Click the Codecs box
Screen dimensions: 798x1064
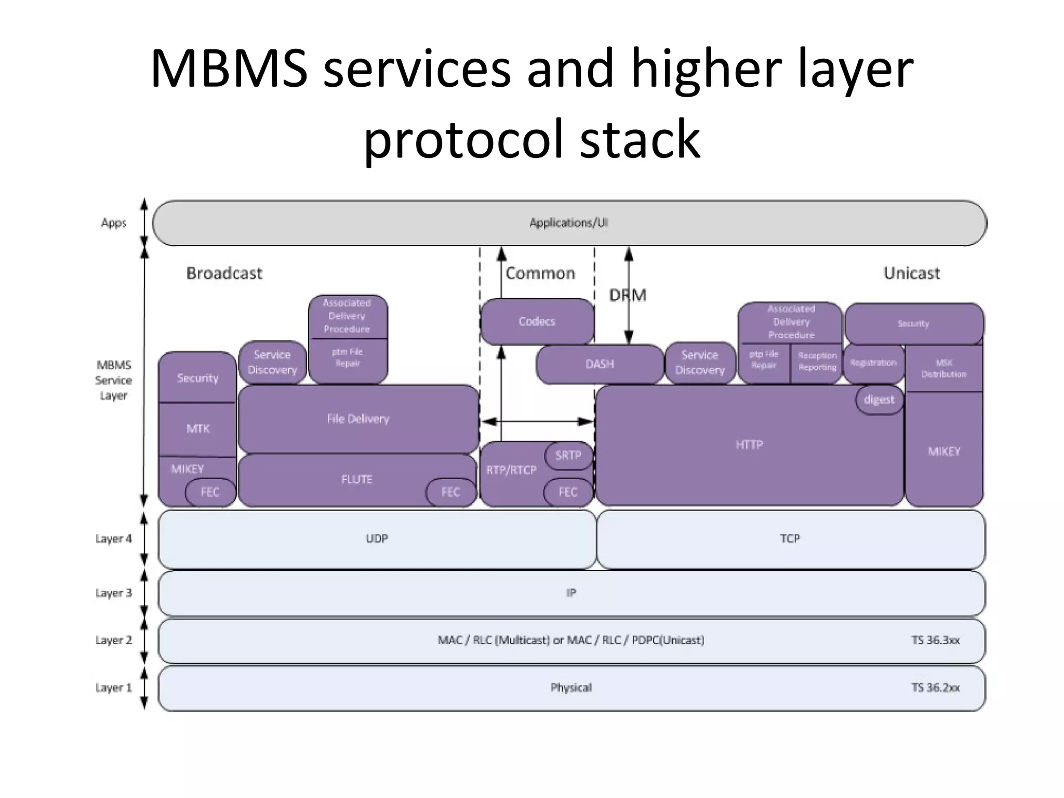[x=537, y=321]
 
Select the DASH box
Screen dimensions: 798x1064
[x=600, y=364]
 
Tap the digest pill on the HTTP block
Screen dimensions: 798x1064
[x=879, y=400]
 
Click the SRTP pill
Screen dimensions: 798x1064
[x=568, y=456]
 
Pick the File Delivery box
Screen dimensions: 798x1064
[x=358, y=419]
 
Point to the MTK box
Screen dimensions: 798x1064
[x=197, y=429]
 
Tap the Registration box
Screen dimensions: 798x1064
[x=873, y=363]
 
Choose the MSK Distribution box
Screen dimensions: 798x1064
[x=943, y=368]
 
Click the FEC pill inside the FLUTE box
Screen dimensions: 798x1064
[x=450, y=492]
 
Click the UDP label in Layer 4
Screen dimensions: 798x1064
[x=377, y=539]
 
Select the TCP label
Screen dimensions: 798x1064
[x=790, y=539]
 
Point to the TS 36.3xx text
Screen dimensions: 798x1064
[x=935, y=640]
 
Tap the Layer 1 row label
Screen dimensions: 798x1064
[x=113, y=688]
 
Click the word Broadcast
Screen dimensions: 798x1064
[x=224, y=273]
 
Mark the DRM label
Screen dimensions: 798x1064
[x=628, y=296]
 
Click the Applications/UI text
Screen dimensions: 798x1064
[x=568, y=223]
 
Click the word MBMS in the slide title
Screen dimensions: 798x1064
[x=229, y=69]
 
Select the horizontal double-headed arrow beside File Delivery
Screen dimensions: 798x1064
[x=537, y=421]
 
